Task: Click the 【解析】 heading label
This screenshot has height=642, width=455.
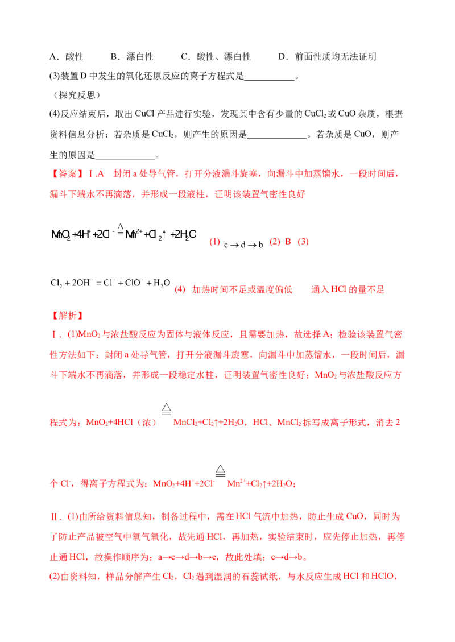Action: coord(67,314)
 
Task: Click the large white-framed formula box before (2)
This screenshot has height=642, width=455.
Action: coord(123,234)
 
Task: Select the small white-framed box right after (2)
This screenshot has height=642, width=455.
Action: coord(243,245)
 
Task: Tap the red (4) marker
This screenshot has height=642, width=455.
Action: coord(180,289)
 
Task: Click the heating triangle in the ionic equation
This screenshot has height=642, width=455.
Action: coord(222,469)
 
